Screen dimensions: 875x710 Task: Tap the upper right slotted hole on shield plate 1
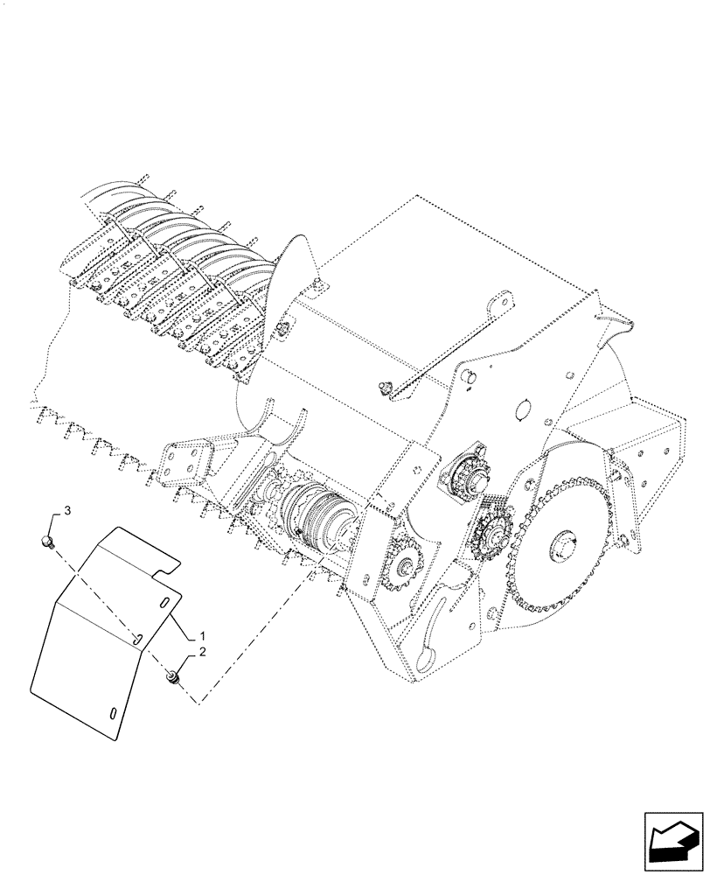click(x=164, y=602)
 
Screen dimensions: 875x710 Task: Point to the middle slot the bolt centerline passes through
click(x=138, y=640)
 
